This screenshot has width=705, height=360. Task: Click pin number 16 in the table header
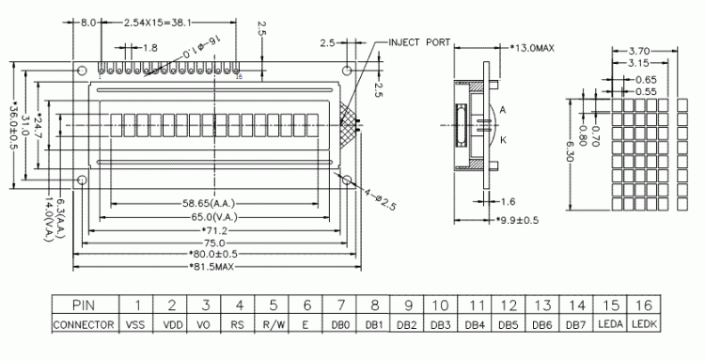[642, 305]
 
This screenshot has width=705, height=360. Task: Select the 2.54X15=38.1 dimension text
[158, 21]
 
